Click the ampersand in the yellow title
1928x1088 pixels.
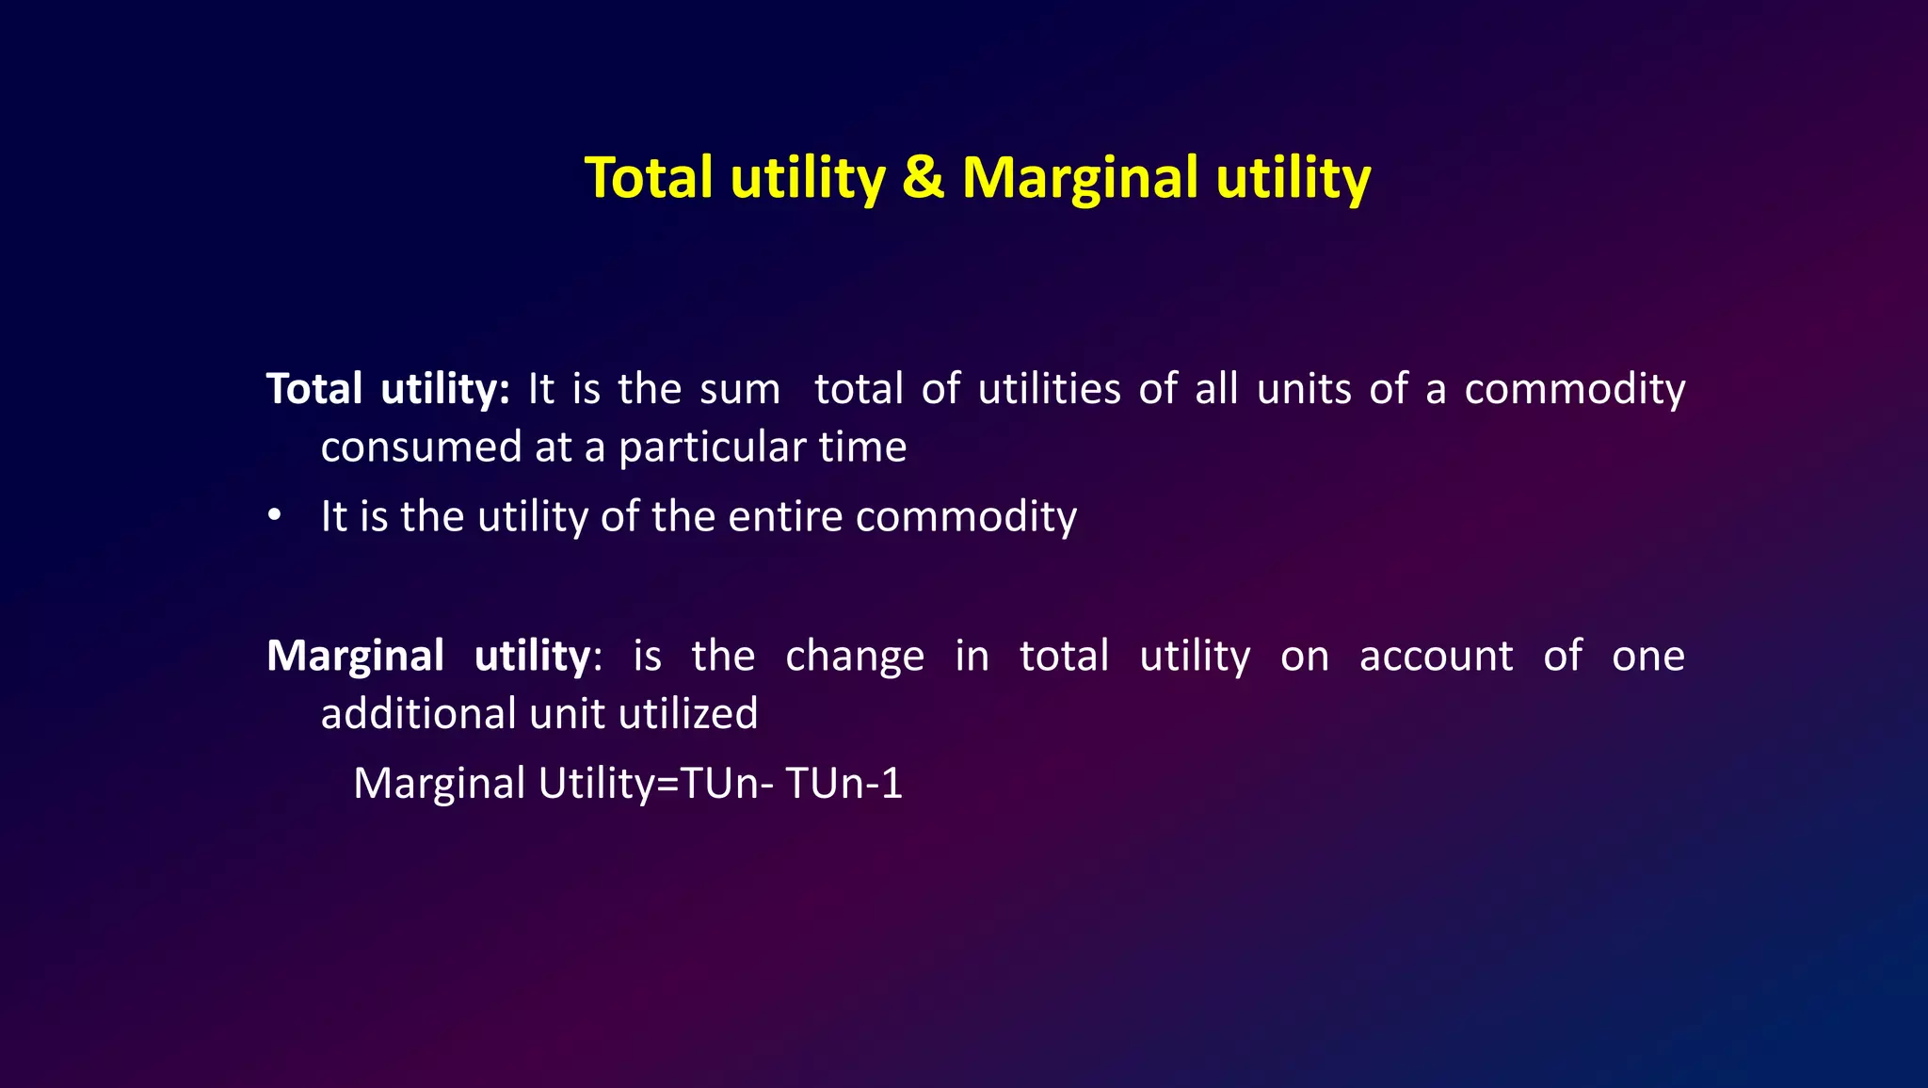click(923, 178)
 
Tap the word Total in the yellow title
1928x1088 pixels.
click(649, 178)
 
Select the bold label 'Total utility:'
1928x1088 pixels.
click(388, 389)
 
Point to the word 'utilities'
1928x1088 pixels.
click(1050, 389)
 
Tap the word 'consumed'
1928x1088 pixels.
click(421, 447)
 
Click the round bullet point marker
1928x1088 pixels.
click(274, 516)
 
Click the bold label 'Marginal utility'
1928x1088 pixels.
click(428, 656)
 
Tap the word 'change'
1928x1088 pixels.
click(855, 656)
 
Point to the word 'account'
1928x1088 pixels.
click(1436, 656)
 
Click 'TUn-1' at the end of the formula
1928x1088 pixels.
click(843, 783)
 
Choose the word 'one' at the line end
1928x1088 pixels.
click(1647, 656)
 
